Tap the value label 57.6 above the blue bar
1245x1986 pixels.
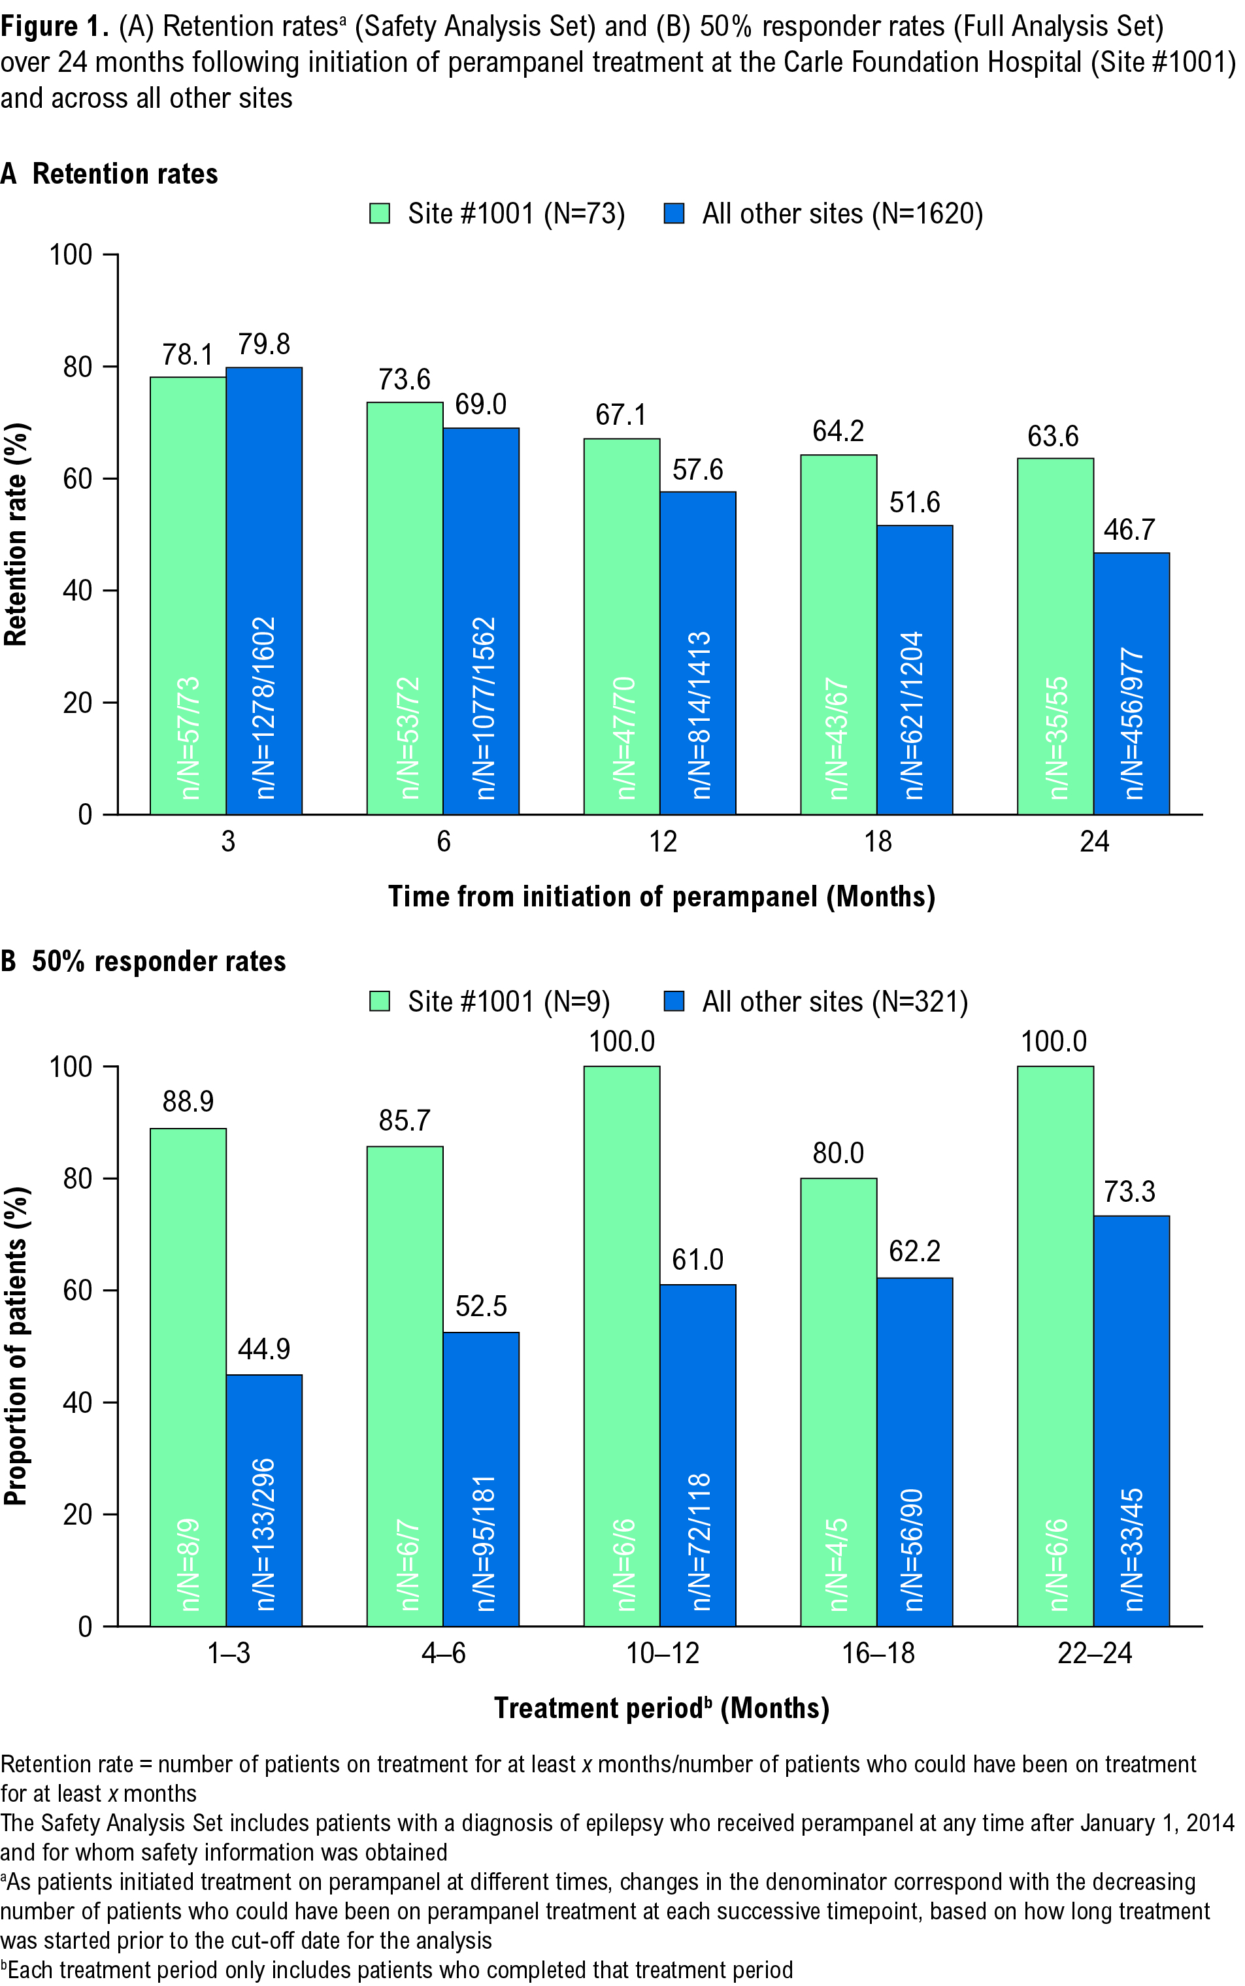click(x=697, y=470)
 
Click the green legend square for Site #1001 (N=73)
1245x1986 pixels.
click(x=379, y=214)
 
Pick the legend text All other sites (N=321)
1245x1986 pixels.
click(x=835, y=1002)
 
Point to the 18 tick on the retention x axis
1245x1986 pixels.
click(x=878, y=842)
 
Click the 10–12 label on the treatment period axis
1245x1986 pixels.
click(x=662, y=1653)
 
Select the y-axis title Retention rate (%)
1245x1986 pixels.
click(x=16, y=535)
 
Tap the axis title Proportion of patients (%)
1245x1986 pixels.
click(x=16, y=1346)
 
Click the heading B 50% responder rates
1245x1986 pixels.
click(x=144, y=961)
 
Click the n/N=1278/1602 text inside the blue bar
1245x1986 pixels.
click(x=264, y=708)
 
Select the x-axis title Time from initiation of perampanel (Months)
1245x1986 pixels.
click(x=661, y=897)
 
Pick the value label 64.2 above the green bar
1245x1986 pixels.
click(x=838, y=431)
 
